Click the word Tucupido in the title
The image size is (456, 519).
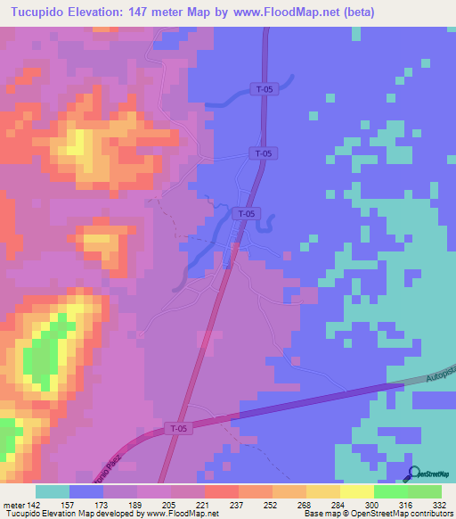point(40,12)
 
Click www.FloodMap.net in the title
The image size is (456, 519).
point(286,12)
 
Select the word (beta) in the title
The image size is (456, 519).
point(355,12)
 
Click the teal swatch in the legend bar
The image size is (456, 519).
point(53,491)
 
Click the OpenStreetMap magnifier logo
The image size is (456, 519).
point(414,474)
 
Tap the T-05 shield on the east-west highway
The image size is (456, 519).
point(178,429)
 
